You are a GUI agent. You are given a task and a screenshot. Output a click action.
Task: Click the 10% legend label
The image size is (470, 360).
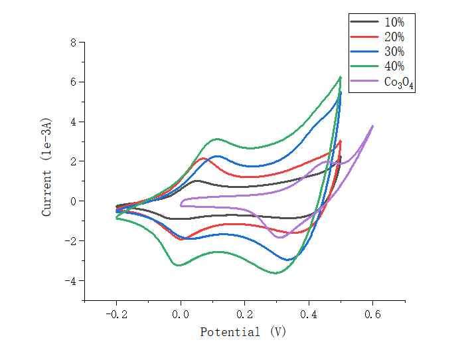(x=394, y=22)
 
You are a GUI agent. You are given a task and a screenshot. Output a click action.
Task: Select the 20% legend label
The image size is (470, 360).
(x=394, y=37)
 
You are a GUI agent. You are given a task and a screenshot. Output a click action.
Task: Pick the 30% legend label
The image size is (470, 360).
(x=394, y=51)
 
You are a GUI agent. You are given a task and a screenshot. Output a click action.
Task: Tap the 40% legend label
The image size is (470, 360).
(x=394, y=66)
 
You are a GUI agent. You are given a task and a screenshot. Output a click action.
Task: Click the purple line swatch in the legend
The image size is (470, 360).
(x=364, y=82)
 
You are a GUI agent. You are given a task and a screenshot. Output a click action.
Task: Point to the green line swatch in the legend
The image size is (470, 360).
(x=364, y=66)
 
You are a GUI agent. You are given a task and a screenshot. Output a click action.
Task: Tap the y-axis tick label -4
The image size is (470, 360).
(x=70, y=280)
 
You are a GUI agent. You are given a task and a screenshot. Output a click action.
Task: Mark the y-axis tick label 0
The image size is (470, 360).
(x=74, y=201)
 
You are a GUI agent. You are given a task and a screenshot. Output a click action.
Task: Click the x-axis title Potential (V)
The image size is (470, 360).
(x=243, y=332)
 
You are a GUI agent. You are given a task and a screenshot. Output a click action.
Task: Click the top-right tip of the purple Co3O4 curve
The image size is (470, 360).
(x=372, y=126)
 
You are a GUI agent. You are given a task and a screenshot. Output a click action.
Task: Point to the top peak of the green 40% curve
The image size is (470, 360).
(x=340, y=77)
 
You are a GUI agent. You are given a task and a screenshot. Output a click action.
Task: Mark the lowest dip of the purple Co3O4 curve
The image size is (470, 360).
(x=279, y=237)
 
